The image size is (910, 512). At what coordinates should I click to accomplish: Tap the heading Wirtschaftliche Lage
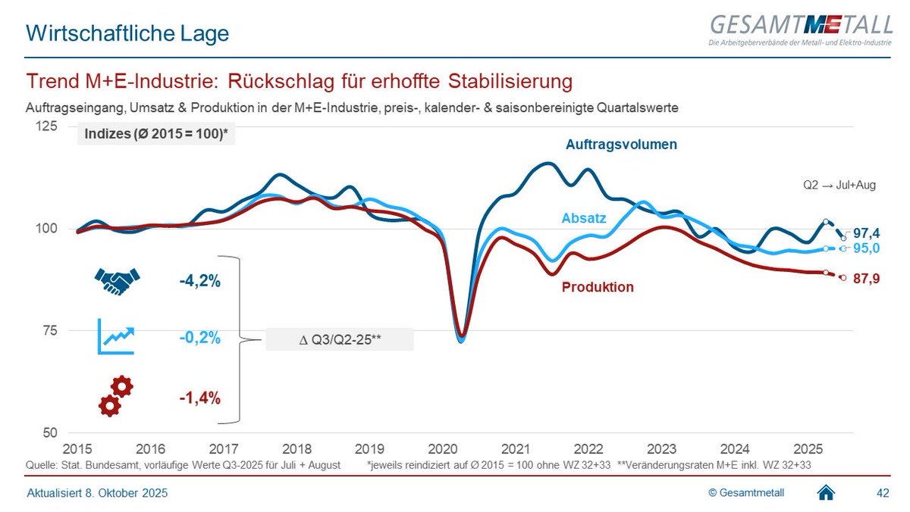[x=127, y=33]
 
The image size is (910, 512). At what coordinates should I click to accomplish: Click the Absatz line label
[x=583, y=218]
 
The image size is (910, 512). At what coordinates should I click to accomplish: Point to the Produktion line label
[x=598, y=287]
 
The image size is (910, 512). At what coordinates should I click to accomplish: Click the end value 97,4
[x=865, y=233]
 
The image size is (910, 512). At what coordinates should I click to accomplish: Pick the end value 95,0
[x=865, y=248]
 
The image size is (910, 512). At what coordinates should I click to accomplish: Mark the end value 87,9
[x=865, y=278]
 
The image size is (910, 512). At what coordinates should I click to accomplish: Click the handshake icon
[x=118, y=281]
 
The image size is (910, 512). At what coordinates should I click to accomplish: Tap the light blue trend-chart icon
[x=116, y=336]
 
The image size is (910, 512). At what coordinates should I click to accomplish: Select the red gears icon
[x=116, y=397]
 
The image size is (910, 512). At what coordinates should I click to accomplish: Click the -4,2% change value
[x=200, y=282]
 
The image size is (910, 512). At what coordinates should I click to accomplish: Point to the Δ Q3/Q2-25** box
[x=339, y=339]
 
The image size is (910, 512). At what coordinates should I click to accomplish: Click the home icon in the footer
[x=827, y=493]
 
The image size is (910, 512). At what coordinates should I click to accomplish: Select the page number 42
[x=883, y=493]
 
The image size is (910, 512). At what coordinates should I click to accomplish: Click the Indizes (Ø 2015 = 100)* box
[x=156, y=136]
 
